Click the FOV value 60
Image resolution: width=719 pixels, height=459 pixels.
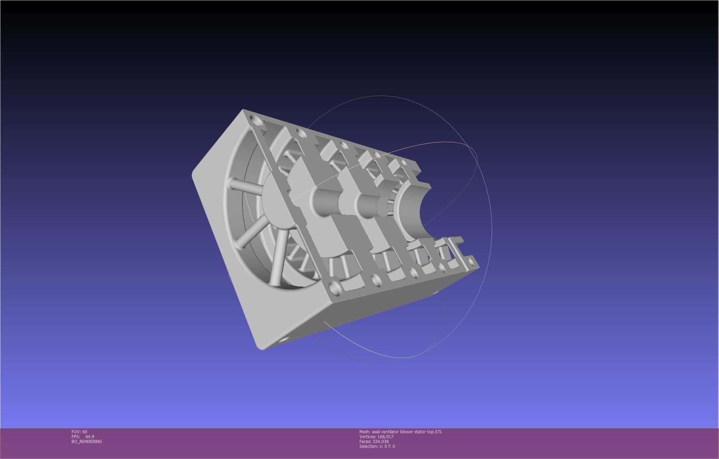[85, 432]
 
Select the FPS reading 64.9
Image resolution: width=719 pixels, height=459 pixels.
[90, 437]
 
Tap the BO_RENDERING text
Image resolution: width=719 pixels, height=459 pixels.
[87, 442]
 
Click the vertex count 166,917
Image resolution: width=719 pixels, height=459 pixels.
[385, 437]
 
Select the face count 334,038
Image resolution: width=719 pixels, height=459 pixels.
[380, 442]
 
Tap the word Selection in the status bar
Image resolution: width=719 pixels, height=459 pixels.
[368, 446]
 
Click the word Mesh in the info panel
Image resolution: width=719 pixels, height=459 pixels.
[365, 432]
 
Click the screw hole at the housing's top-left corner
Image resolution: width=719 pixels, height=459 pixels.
[257, 121]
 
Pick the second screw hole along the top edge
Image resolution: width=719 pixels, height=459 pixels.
[298, 131]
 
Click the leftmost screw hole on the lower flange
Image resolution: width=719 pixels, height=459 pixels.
[335, 287]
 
